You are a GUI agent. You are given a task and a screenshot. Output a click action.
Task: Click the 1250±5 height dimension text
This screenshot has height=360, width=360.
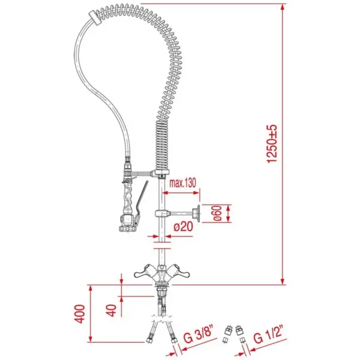coord(274,144)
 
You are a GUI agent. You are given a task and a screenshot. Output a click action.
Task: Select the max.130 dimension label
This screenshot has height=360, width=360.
coord(181,182)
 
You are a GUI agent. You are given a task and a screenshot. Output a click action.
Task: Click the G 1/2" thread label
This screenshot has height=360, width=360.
coord(268,334)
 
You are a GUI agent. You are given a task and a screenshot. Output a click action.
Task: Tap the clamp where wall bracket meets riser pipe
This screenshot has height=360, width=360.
coord(161,214)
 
